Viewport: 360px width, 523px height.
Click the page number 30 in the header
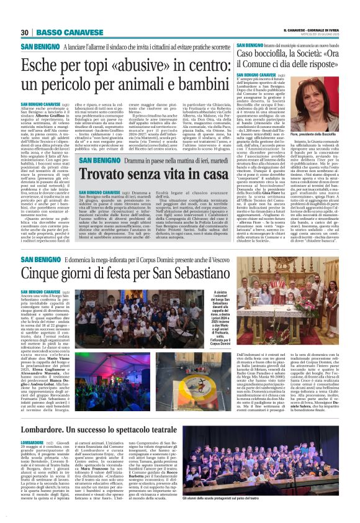click(25, 32)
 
